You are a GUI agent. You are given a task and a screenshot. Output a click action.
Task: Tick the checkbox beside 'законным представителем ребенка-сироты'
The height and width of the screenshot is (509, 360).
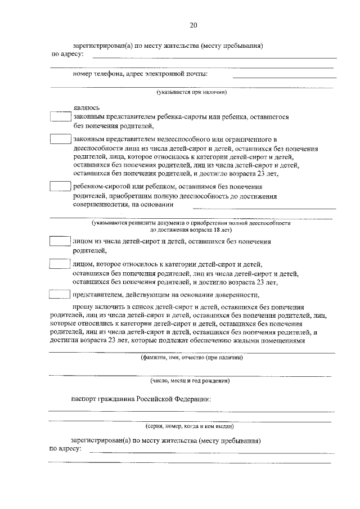(58, 117)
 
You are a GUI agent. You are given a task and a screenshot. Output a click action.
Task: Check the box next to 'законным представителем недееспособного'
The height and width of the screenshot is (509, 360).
(58, 139)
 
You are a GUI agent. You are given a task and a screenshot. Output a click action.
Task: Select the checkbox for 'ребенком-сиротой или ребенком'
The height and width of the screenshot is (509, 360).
(58, 187)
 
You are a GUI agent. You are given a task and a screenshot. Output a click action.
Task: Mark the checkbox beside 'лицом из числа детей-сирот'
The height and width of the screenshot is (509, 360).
(58, 241)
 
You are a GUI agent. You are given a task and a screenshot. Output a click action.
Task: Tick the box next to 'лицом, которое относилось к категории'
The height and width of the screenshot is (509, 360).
(58, 264)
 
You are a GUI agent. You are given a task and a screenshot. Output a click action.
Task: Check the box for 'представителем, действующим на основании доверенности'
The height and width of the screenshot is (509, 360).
(58, 294)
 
